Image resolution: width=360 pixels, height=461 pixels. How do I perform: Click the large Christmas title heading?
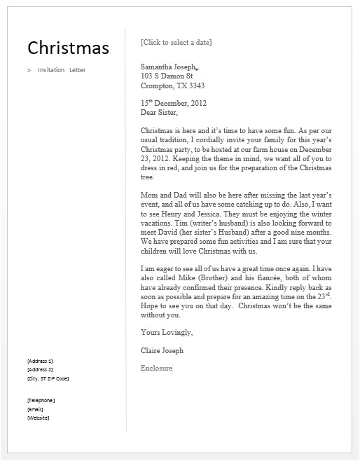pos(68,48)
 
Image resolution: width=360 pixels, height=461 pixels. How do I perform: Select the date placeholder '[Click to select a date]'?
pos(176,42)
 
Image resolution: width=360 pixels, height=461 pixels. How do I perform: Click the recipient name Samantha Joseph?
pos(168,67)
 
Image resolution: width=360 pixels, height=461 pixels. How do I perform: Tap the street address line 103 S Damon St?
pos(167,76)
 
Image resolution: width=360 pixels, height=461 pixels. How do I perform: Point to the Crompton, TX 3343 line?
pos(173,86)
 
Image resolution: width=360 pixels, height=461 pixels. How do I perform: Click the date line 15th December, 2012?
pos(174,102)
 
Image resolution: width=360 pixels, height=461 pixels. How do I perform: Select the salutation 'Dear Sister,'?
pos(160,112)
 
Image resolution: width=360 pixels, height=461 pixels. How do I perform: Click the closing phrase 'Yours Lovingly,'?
pos(167,331)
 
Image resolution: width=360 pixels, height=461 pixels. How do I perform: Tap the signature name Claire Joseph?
pos(162,350)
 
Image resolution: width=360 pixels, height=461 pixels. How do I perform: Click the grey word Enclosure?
pos(156,368)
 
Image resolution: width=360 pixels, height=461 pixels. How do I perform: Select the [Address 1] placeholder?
pos(39,360)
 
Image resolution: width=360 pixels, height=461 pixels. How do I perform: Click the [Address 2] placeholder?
pos(39,369)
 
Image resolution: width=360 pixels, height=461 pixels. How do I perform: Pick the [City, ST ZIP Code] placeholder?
pos(48,378)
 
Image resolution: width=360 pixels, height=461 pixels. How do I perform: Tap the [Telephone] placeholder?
pos(41,400)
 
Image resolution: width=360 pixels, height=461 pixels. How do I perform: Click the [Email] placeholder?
pos(36,409)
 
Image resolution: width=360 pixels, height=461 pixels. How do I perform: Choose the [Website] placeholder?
pos(38,418)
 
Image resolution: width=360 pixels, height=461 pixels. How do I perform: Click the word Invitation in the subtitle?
pos(50,70)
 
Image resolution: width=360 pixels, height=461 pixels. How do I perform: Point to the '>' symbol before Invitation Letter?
pos(29,70)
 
